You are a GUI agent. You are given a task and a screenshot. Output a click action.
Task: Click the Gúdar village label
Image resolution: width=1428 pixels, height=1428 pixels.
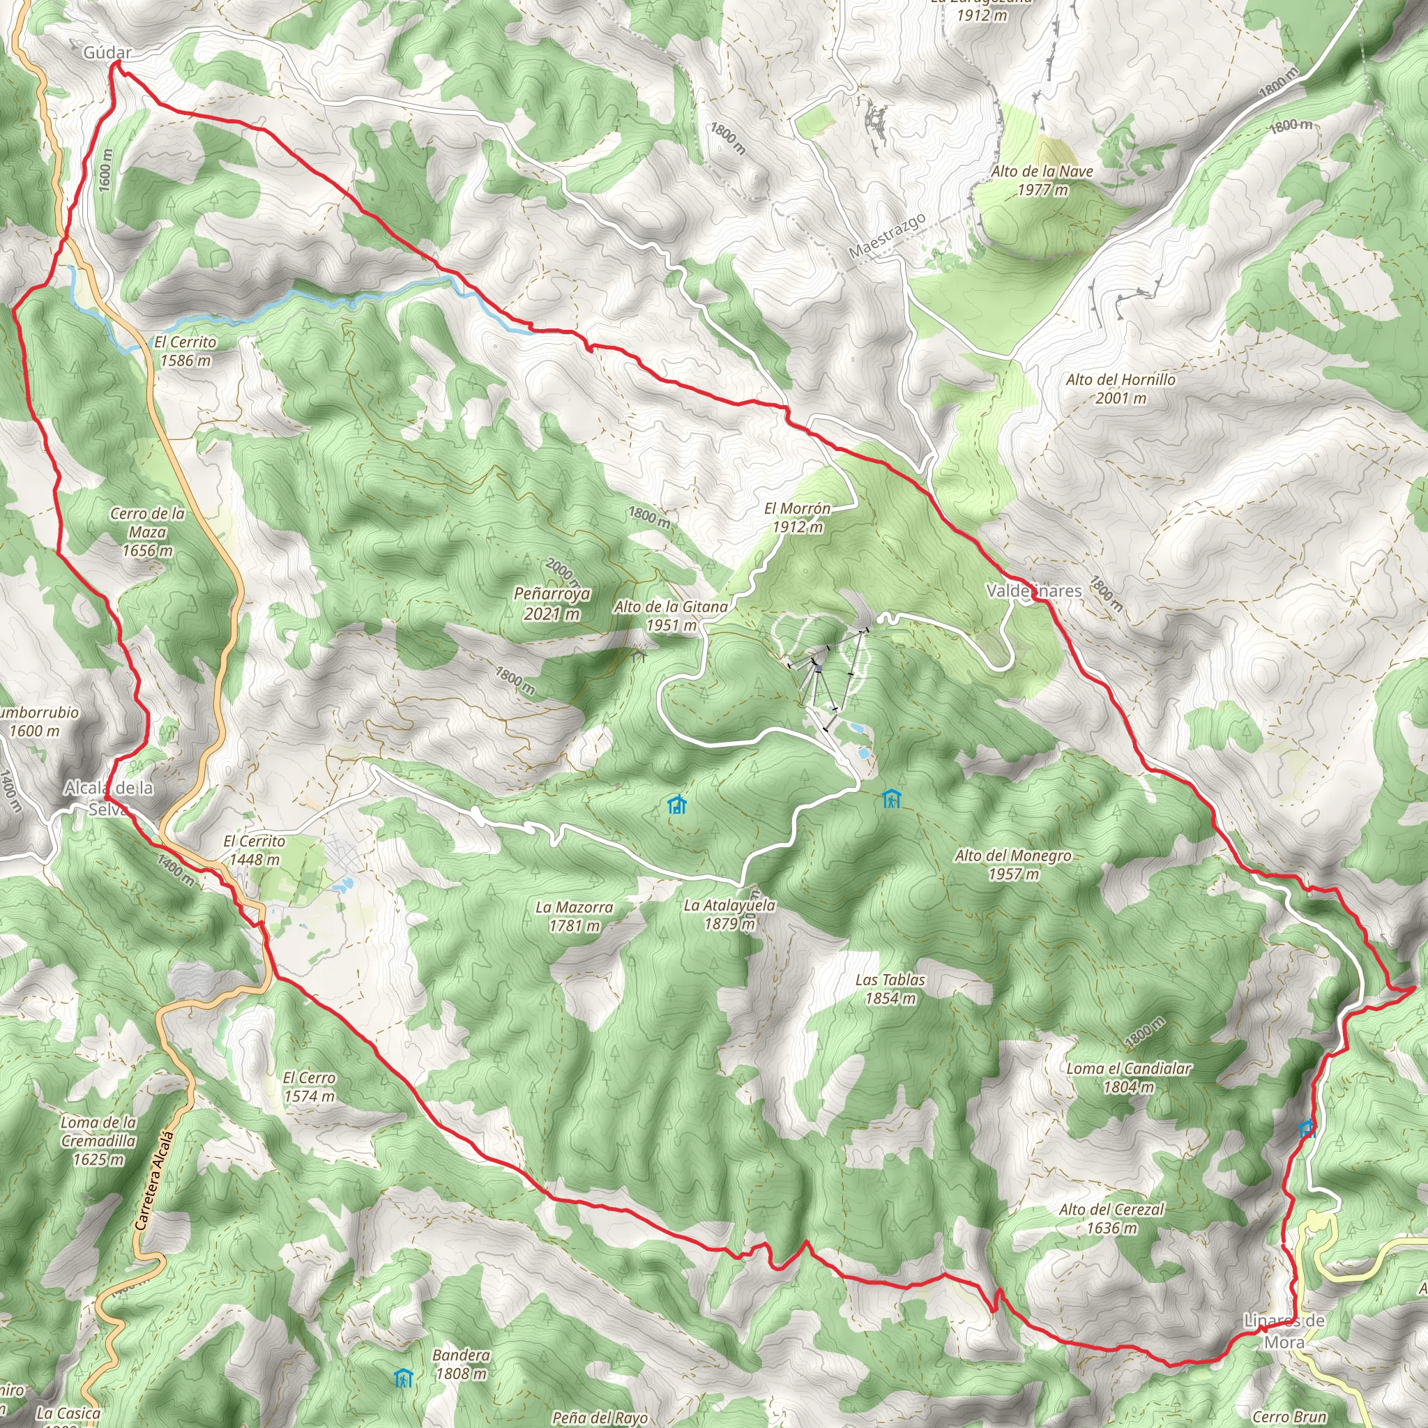pyautogui.click(x=107, y=52)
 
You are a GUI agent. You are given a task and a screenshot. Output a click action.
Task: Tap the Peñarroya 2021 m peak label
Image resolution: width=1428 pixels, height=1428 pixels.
pyautogui.click(x=552, y=603)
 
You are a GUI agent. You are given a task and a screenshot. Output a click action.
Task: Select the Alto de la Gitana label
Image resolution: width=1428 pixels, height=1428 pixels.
pyautogui.click(x=670, y=615)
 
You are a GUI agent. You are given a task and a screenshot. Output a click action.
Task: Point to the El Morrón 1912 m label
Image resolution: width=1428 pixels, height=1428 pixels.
pyautogui.click(x=797, y=517)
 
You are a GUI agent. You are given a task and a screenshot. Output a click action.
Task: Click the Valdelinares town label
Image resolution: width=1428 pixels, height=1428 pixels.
pyautogui.click(x=1033, y=591)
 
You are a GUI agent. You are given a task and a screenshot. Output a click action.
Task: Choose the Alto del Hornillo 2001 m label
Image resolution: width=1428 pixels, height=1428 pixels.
pyautogui.click(x=1120, y=389)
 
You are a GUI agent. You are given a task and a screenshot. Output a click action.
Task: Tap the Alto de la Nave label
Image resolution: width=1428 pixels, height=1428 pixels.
pyautogui.click(x=1042, y=180)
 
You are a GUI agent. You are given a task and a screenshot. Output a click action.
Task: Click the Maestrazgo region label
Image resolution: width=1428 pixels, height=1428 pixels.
pyautogui.click(x=887, y=236)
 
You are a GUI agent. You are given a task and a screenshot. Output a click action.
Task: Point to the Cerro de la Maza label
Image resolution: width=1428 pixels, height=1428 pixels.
pyautogui.click(x=147, y=531)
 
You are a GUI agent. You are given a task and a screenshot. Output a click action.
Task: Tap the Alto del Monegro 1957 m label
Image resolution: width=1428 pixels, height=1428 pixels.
pyautogui.click(x=1012, y=864)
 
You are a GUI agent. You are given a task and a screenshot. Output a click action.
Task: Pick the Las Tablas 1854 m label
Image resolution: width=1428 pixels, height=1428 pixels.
pyautogui.click(x=890, y=988)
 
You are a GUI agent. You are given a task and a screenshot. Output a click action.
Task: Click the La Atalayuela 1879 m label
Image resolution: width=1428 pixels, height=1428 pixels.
pyautogui.click(x=729, y=913)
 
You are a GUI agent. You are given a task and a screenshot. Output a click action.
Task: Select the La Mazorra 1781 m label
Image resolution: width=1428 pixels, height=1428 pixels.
pyautogui.click(x=575, y=915)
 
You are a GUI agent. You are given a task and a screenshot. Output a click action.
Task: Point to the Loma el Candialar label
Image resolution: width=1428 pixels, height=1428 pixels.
pyautogui.click(x=1128, y=1077)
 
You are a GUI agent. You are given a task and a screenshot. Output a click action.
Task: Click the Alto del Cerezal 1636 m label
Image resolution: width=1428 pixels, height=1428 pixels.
pyautogui.click(x=1111, y=1218)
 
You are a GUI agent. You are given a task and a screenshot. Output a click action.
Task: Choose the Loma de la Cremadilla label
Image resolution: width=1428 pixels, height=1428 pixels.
pyautogui.click(x=98, y=1141)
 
